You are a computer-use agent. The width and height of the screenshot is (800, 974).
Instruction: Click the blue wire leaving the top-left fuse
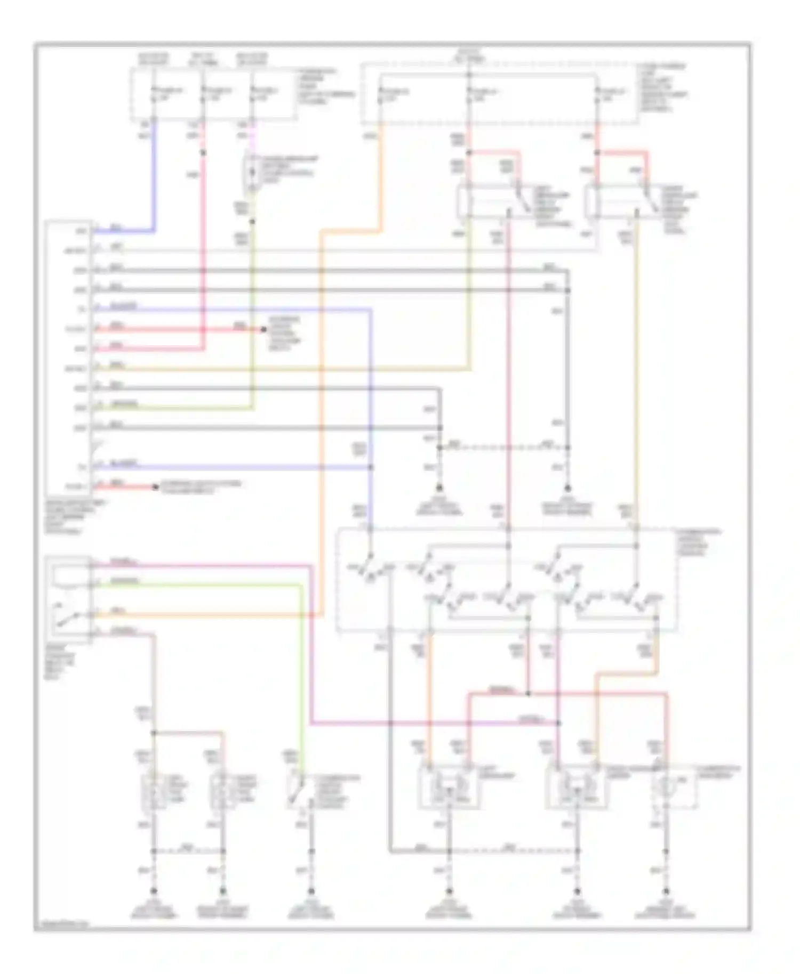(x=154, y=176)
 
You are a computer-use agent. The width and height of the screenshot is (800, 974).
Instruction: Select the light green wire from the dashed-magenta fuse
(x=252, y=320)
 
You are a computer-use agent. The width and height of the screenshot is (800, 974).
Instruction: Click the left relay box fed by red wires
(x=493, y=202)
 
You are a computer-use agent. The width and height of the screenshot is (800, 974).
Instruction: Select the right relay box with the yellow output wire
(x=621, y=202)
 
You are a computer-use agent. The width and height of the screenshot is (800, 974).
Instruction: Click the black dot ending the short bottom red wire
(x=155, y=487)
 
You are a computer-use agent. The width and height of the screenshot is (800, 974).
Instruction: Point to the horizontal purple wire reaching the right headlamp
(x=427, y=723)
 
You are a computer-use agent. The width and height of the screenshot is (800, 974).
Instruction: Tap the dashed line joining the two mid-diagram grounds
(x=504, y=448)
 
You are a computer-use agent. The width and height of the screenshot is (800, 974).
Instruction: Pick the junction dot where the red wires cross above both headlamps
(x=528, y=694)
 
